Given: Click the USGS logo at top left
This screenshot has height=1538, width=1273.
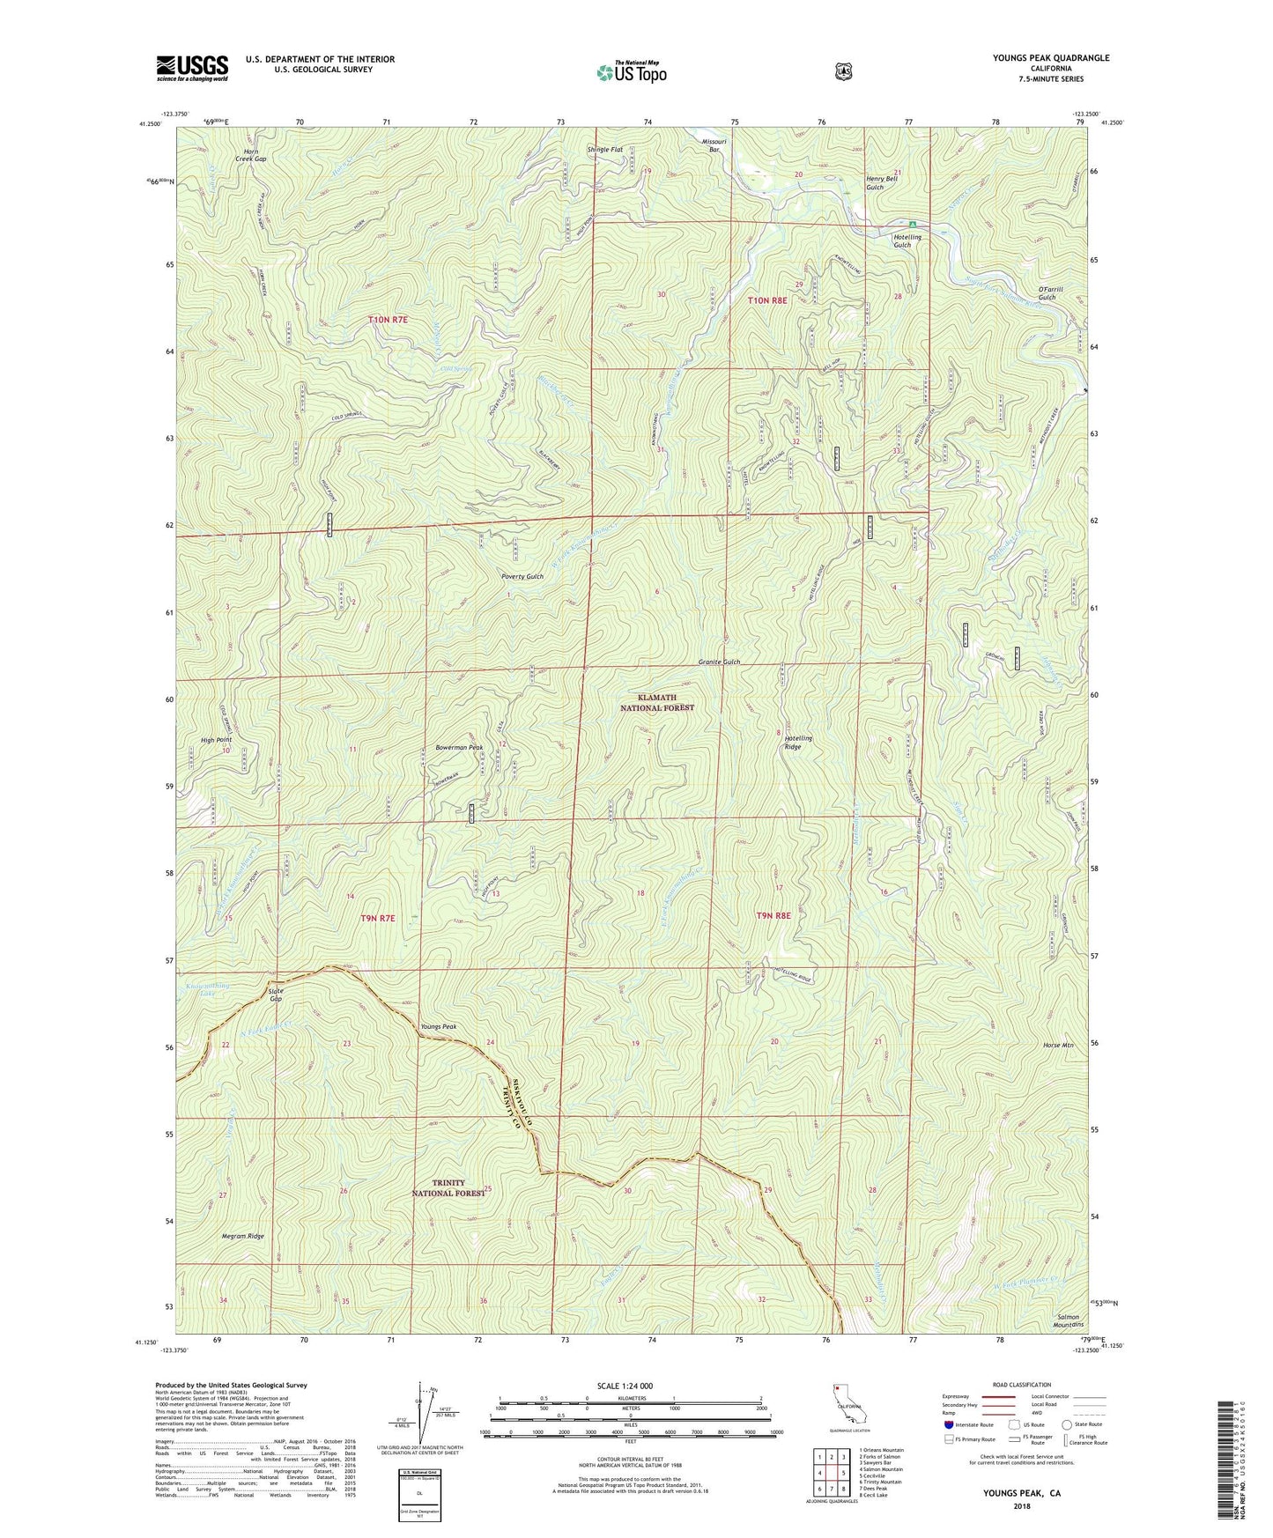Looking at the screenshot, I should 192,68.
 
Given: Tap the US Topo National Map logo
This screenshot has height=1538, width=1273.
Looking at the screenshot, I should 630,71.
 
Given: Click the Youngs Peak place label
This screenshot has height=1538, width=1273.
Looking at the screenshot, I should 439,1027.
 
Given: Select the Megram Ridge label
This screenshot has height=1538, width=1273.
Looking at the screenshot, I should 242,1236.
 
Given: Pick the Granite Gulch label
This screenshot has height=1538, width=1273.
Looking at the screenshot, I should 719,662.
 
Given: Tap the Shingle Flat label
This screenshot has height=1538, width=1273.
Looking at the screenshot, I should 605,150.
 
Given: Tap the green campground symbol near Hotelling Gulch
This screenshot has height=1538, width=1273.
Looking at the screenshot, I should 912,224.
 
